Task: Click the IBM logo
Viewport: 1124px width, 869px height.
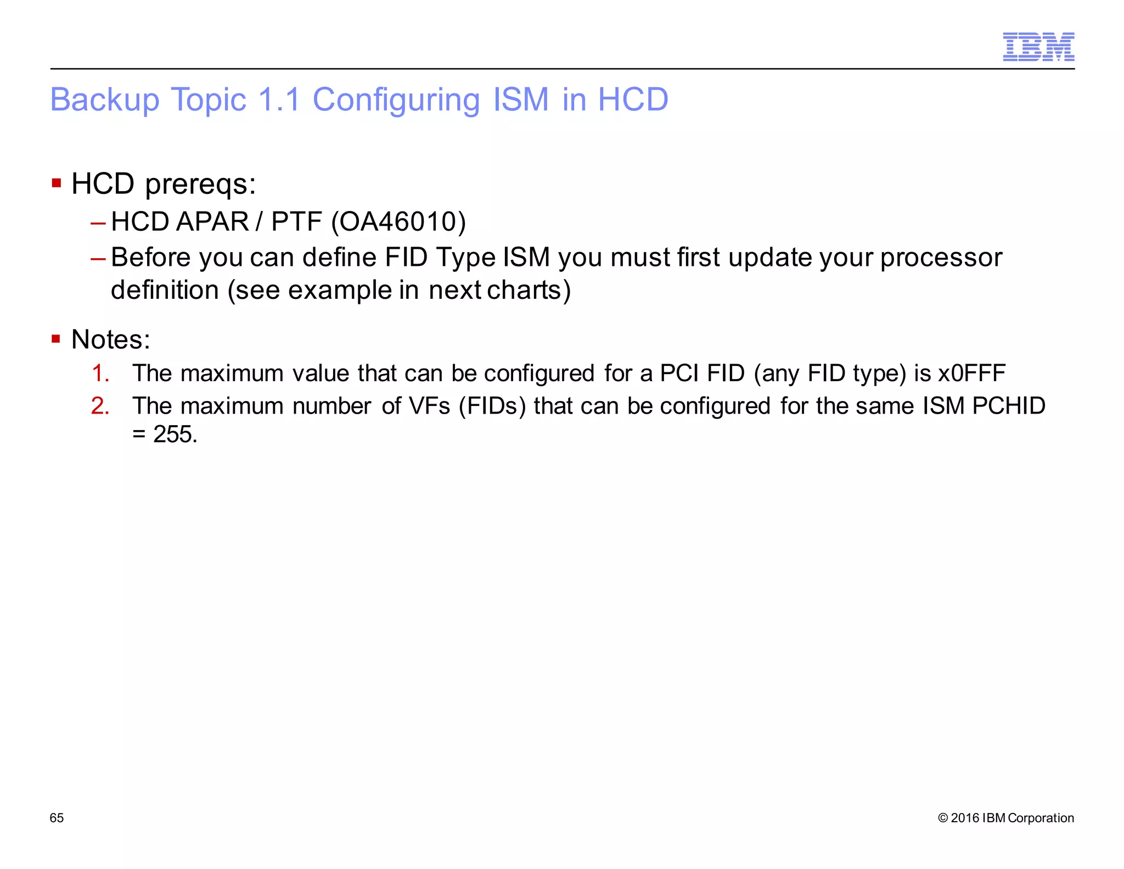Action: [x=1038, y=47]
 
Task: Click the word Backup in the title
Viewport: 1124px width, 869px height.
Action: [x=104, y=100]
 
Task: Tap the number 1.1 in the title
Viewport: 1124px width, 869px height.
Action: [x=279, y=100]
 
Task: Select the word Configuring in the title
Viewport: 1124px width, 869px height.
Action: [x=396, y=100]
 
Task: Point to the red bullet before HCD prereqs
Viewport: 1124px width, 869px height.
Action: [x=56, y=182]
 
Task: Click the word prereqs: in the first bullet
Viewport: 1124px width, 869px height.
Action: [x=200, y=185]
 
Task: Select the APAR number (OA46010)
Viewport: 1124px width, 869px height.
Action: [x=398, y=222]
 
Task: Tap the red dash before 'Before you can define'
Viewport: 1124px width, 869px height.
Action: [x=98, y=258]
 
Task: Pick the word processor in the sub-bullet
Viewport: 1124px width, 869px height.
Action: [x=941, y=258]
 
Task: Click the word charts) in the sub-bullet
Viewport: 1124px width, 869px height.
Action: [x=529, y=290]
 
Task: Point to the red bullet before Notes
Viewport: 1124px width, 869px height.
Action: [x=56, y=339]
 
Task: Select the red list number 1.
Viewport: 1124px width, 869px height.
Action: [x=100, y=374]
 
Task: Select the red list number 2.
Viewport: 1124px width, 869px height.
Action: [x=100, y=406]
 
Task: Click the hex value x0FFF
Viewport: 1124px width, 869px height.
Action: [x=971, y=374]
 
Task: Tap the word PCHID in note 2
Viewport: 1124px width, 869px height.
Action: [x=1009, y=406]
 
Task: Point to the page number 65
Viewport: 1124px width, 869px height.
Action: [x=57, y=818]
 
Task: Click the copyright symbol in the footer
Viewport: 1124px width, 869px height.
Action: [x=943, y=818]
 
